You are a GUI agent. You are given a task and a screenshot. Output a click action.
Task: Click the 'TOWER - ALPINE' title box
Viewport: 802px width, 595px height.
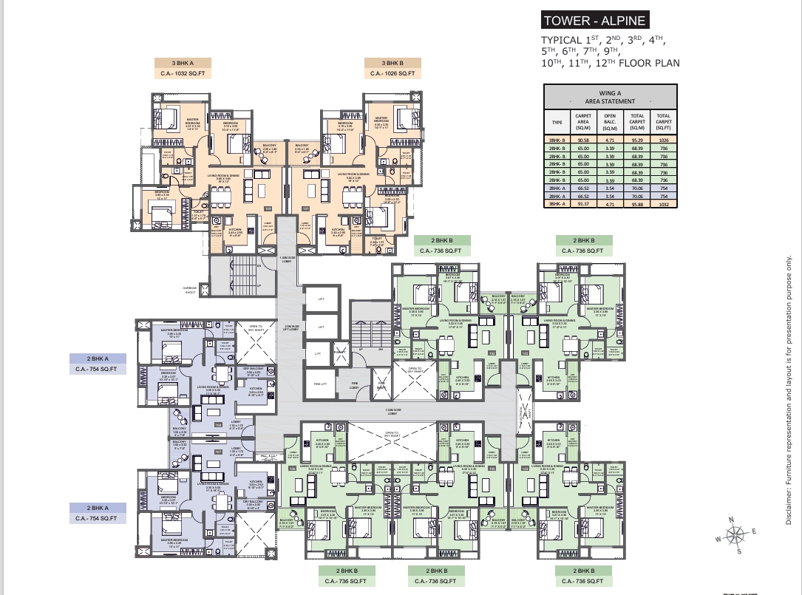point(594,20)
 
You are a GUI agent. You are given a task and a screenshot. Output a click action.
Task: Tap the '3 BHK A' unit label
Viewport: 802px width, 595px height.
point(182,62)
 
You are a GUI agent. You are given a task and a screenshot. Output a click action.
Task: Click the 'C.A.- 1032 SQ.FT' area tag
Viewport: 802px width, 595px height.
point(182,73)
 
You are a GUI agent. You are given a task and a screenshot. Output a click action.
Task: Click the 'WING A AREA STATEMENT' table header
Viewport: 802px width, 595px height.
point(610,97)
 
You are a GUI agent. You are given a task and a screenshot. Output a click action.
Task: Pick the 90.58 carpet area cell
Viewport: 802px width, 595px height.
point(583,137)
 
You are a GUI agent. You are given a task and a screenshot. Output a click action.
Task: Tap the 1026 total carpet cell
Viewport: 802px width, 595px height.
point(663,137)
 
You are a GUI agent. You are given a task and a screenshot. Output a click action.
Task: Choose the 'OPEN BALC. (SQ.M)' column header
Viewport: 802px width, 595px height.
point(610,121)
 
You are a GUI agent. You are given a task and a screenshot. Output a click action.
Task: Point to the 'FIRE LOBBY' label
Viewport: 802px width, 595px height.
point(354,384)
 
